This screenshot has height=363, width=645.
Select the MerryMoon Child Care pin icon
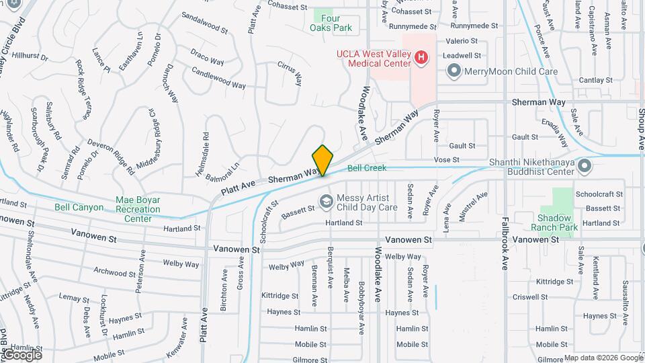[454, 71]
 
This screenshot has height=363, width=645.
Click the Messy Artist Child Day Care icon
[326, 201]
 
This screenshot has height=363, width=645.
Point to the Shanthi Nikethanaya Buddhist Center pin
[584, 165]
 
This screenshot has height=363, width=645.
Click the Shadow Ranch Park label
[554, 223]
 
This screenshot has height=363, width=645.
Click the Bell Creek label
[367, 167]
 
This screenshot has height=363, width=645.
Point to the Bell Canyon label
[79, 208]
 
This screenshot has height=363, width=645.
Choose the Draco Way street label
[207, 56]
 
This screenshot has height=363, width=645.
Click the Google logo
[22, 355]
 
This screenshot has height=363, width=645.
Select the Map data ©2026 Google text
[603, 358]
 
